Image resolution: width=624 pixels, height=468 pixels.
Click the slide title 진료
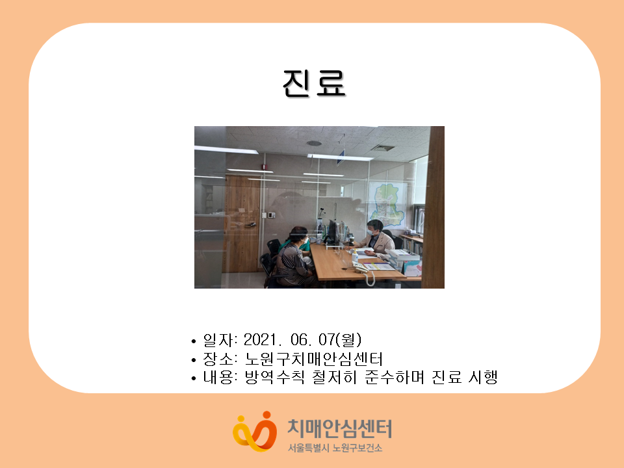(x=313, y=83)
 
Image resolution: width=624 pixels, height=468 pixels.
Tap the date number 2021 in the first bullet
(x=259, y=340)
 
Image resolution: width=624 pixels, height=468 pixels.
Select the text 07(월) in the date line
(x=340, y=340)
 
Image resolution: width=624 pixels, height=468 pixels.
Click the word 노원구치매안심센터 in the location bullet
(x=313, y=359)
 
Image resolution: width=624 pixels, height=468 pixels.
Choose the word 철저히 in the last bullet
(x=334, y=377)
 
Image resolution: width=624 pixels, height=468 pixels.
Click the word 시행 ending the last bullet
(x=483, y=377)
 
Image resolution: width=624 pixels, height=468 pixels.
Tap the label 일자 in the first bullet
(x=218, y=340)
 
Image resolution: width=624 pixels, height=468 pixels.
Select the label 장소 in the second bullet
(x=218, y=359)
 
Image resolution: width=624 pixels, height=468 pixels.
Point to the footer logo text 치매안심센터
(x=339, y=429)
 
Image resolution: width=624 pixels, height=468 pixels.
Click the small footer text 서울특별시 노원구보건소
(x=335, y=448)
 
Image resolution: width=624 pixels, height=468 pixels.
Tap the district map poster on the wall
(x=386, y=204)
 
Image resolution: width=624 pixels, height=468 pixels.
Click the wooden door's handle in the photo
(x=251, y=225)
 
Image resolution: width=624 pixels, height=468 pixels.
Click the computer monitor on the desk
(x=332, y=231)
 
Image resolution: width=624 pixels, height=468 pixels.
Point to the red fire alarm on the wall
(x=263, y=166)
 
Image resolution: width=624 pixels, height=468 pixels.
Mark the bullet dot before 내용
(x=194, y=378)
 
